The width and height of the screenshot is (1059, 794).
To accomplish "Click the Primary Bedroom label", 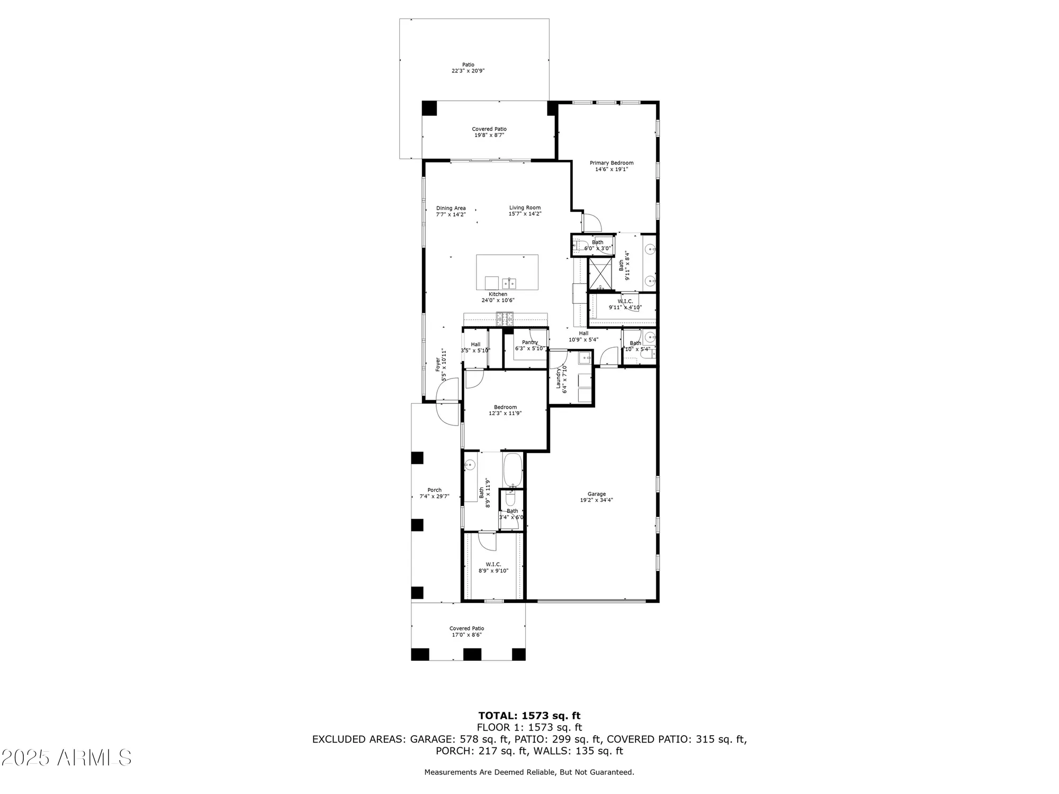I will coord(612,163).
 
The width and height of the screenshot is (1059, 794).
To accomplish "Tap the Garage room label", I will coord(596,494).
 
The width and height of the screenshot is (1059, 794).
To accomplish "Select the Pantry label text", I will coord(529,342).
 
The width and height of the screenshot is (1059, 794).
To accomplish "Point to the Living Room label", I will coord(525,207).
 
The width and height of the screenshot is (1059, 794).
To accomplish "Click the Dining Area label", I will coord(451,208).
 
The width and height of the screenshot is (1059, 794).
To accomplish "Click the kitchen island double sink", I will coord(509,282).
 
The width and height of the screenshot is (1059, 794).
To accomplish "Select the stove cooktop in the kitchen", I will coord(504,318).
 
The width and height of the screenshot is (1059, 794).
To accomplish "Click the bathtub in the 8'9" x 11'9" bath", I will coord(513,470).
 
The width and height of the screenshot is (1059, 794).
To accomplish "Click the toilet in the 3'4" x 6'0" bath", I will coord(510,499).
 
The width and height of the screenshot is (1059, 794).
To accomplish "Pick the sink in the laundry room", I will coord(585,358).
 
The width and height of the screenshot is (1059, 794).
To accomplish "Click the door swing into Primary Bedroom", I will coord(589,222).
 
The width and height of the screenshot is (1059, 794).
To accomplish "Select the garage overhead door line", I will coord(591,601).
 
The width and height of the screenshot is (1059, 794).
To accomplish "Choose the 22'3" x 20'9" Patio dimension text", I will coord(468,70).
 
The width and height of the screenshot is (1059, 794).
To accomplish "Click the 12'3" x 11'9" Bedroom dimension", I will coord(505,413).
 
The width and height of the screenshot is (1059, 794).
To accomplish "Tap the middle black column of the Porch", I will coord(417,525).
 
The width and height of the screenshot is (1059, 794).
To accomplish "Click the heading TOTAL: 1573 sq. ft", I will coord(529,716).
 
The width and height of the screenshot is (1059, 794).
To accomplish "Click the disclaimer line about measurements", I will coord(529,772).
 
